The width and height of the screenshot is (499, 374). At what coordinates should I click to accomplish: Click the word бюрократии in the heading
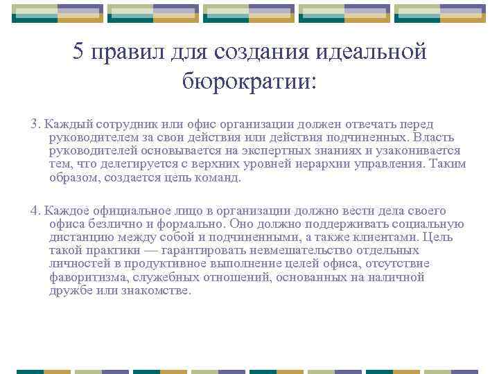[249, 81]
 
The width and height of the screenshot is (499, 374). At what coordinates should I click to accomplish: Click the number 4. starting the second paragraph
[35, 211]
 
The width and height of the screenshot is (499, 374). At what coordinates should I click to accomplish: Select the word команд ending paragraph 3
[220, 177]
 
